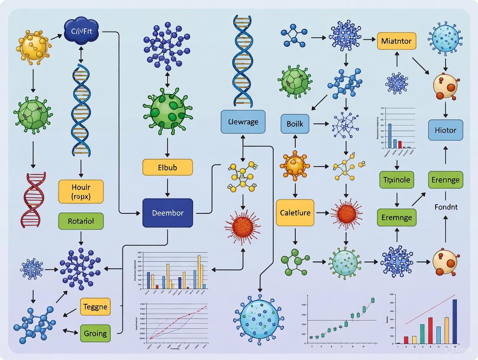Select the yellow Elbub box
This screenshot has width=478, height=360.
click(x=168, y=167)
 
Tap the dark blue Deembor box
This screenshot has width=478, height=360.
click(x=168, y=213)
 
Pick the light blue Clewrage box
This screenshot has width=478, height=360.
click(x=242, y=122)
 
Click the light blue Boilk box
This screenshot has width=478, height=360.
click(x=295, y=124)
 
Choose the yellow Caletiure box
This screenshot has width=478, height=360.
click(x=295, y=213)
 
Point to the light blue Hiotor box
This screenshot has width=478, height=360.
click(x=445, y=130)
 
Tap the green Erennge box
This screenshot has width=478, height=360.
click(x=446, y=180)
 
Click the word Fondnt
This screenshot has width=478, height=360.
click(x=446, y=207)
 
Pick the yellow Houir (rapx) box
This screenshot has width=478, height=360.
click(x=81, y=192)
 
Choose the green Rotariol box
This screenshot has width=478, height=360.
click(x=81, y=221)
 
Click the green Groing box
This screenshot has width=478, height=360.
click(x=95, y=334)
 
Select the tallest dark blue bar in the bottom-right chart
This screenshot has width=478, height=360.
click(x=455, y=321)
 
